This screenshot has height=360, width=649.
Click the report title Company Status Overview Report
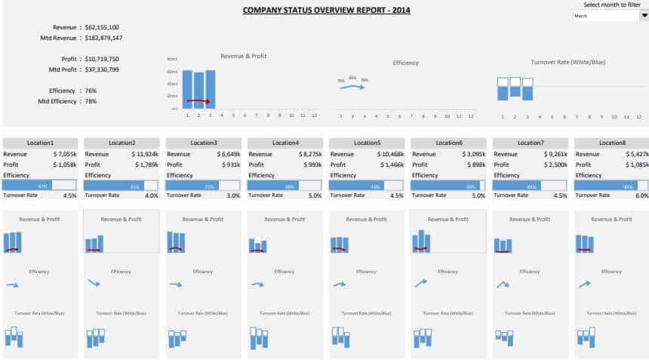click(327, 11)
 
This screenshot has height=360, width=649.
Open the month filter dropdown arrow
click(644, 15)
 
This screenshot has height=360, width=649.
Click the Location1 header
click(40, 143)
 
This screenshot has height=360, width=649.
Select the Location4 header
click(285, 143)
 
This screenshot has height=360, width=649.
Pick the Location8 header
click(612, 143)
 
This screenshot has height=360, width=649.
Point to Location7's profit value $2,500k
click(552, 165)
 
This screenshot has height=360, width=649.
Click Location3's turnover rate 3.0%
click(233, 195)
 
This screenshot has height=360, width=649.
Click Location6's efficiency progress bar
click(448, 186)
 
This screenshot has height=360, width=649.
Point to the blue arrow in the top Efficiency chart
click(352, 87)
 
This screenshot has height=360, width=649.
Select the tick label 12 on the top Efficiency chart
click(470, 116)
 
